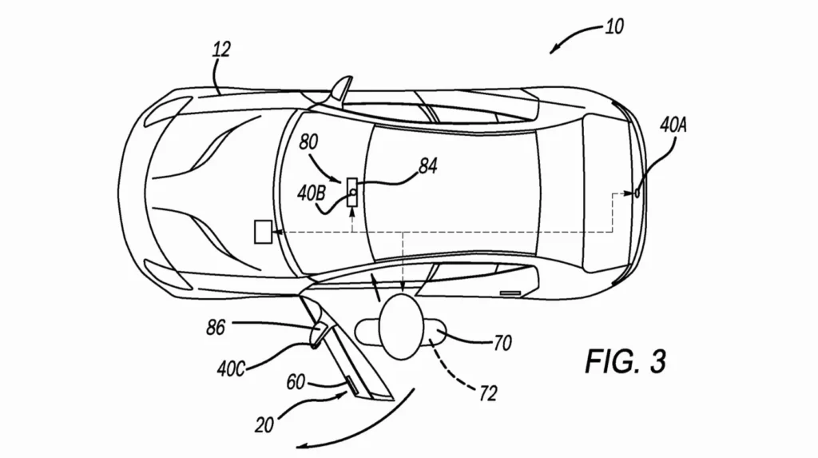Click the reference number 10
614,26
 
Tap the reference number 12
221,50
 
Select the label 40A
673,125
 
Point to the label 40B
311,193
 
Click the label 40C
231,369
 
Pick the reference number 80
309,142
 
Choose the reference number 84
428,166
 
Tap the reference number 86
216,328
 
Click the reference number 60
296,382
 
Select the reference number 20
264,425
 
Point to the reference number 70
502,343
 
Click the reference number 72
488,393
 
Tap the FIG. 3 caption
625,361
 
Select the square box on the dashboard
263,232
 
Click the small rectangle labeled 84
352,192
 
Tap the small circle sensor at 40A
637,193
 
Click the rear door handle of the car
510,293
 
